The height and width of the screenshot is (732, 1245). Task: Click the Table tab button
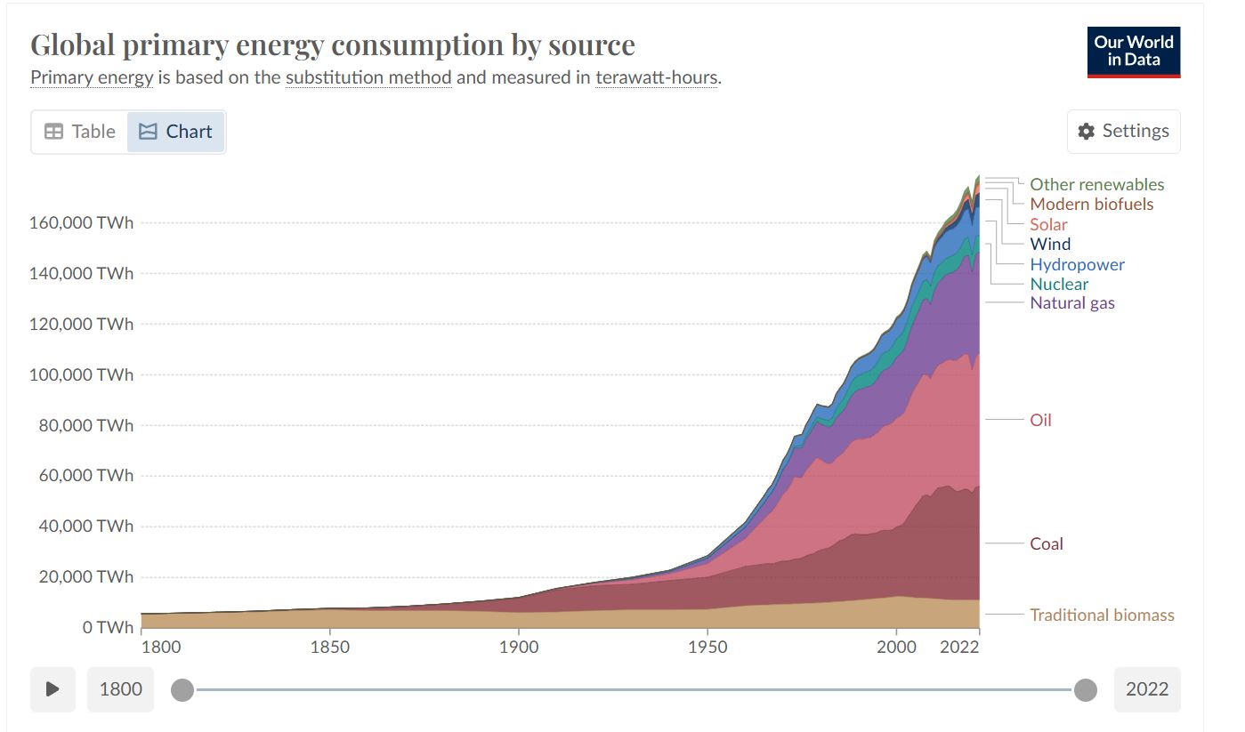[x=80, y=132]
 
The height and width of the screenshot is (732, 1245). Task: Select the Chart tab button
[x=175, y=132]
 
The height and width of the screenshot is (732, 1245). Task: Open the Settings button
[x=1123, y=132]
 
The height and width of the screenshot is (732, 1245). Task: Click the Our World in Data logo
[x=1133, y=52]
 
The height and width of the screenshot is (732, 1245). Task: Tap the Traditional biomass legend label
[x=1102, y=615]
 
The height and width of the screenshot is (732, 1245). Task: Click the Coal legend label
[x=1047, y=543]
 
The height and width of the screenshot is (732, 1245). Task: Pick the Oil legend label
[x=1040, y=420]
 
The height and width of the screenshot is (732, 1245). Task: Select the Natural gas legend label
[x=1071, y=302]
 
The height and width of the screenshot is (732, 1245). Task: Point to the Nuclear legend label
[x=1059, y=284]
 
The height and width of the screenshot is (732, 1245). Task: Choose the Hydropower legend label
[x=1077, y=264]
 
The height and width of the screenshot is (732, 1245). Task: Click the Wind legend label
[x=1050, y=244]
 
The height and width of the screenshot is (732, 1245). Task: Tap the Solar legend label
[x=1048, y=224]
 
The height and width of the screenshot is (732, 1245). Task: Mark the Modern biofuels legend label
[x=1091, y=204]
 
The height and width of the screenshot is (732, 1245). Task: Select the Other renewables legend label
[x=1096, y=184]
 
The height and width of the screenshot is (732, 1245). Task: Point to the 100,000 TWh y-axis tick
[x=81, y=374]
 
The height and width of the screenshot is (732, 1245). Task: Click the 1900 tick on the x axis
[x=518, y=647]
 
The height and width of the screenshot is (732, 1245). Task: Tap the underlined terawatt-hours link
[x=656, y=77]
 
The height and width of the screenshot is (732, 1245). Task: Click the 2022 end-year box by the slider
[x=1146, y=689]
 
